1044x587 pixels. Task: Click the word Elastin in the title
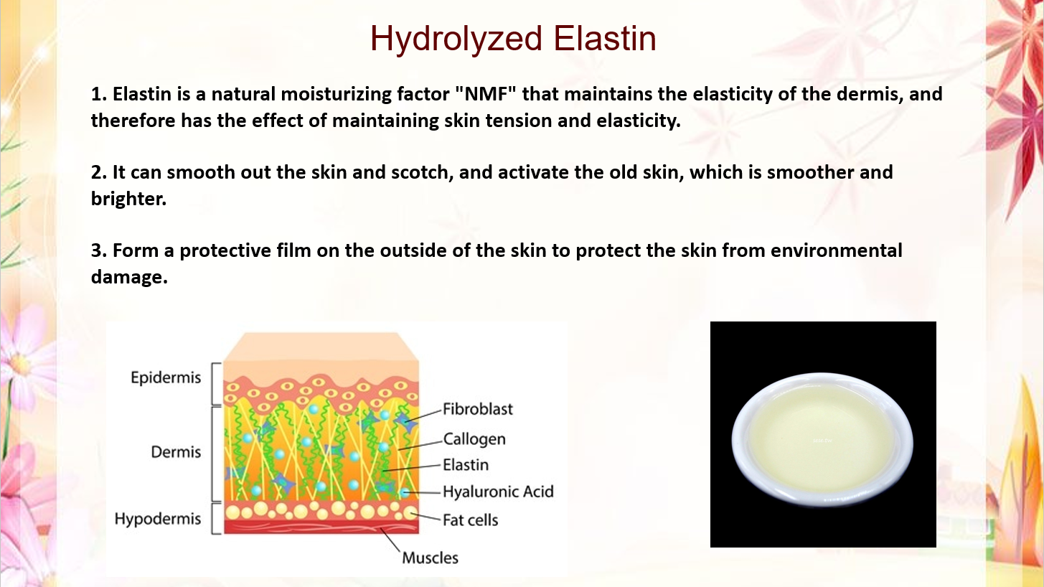pos(605,38)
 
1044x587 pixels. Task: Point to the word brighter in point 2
pos(128,199)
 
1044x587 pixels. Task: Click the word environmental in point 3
pos(837,250)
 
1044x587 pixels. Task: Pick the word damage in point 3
pos(129,278)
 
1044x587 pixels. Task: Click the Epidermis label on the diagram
pos(166,377)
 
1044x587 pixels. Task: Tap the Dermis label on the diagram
pos(176,451)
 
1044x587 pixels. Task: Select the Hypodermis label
pos(158,518)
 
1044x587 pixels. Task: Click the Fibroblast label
pos(478,409)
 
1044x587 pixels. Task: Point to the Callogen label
pos(474,439)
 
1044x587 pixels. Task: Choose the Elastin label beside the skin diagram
pos(466,465)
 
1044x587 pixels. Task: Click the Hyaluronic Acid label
pos(498,492)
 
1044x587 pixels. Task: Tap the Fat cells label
pos(470,520)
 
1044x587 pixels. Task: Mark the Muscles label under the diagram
pos(431,558)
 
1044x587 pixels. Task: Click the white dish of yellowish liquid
pos(822,438)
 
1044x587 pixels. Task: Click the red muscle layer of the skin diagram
pos(321,527)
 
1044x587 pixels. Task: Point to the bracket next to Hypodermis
pos(214,518)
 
